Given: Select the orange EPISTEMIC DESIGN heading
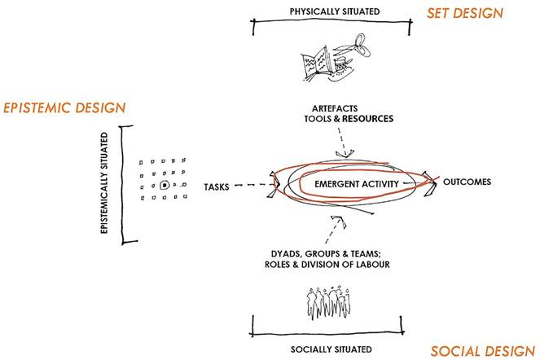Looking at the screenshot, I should pyautogui.click(x=64, y=108).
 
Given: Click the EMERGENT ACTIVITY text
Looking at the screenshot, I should pyautogui.click(x=355, y=184).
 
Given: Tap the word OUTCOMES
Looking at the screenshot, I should pyautogui.click(x=466, y=181).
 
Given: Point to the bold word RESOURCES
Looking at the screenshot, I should pyautogui.click(x=367, y=119).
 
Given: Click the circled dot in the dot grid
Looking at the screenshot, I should pyautogui.click(x=164, y=186).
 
